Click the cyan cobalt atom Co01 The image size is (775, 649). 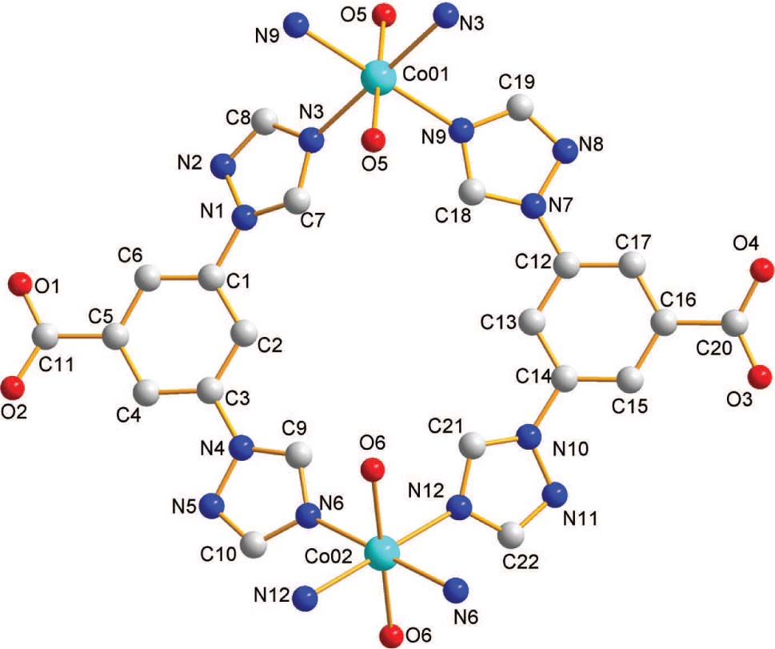[x=378, y=78]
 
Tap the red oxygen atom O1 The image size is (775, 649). [x=20, y=284]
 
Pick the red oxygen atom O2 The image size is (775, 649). [x=12, y=387]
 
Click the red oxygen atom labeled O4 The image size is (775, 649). [x=761, y=271]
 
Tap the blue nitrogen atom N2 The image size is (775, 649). [x=224, y=166]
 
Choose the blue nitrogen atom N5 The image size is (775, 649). [x=213, y=506]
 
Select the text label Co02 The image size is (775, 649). [x=328, y=557]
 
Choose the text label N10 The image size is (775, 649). [x=570, y=449]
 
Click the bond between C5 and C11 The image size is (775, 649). [x=79, y=338]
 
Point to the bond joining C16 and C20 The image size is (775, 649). [x=699, y=325]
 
